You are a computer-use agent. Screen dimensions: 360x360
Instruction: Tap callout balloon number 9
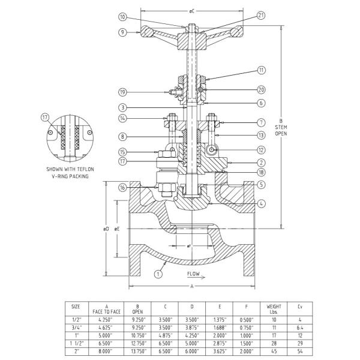122,32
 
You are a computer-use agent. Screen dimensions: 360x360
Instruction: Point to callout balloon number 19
122,92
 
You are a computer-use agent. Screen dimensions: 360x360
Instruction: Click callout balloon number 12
244,149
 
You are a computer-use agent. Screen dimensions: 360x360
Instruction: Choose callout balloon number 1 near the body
158,274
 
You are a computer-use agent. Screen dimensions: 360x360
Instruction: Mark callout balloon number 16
122,188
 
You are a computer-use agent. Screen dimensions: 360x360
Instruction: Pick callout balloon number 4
244,204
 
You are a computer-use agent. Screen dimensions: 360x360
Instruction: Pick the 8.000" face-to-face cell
107,351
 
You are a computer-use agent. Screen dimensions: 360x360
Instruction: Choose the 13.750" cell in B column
139,351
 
